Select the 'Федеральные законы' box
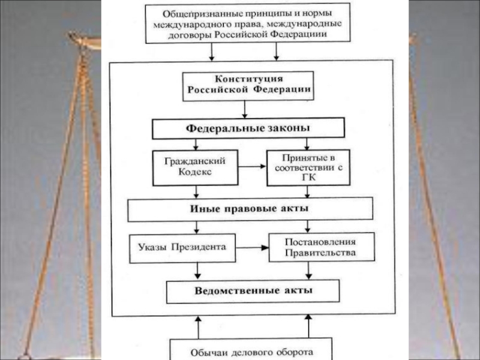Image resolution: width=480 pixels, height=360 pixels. click(248, 128)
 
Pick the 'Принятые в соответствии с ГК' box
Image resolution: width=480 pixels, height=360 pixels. click(307, 166)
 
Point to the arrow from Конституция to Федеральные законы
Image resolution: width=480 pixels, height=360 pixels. click(245, 109)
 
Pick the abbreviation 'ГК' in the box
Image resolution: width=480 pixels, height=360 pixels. click(307, 178)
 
